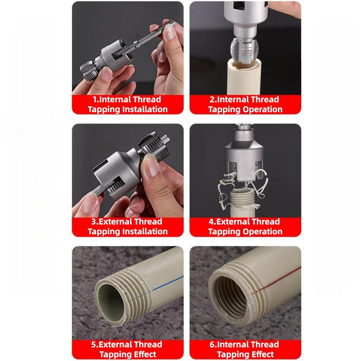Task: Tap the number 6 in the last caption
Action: point(212,344)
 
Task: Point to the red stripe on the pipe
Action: point(276,280)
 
